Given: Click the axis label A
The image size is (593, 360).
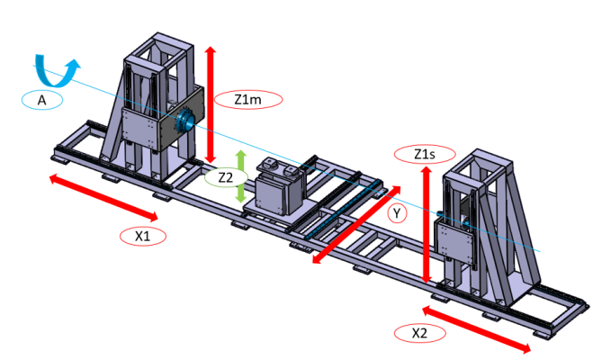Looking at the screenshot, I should [41, 101].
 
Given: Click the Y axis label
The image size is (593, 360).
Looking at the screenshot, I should [396, 213].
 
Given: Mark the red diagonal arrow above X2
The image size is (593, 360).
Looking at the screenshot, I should [478, 330].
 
